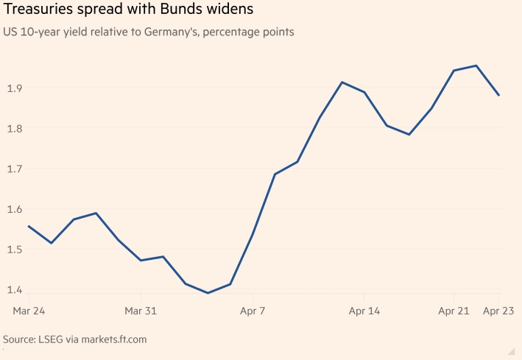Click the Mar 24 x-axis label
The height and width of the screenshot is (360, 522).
[29, 312]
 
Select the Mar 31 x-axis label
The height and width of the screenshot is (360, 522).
[141, 312]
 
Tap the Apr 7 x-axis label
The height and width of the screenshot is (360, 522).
[253, 312]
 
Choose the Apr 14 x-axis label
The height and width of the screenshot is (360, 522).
[364, 312]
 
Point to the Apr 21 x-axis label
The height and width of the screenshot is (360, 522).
[454, 312]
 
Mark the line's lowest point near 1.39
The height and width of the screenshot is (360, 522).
[208, 293]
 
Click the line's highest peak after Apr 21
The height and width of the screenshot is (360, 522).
[476, 66]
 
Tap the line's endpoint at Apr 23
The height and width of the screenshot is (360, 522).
[499, 95]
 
